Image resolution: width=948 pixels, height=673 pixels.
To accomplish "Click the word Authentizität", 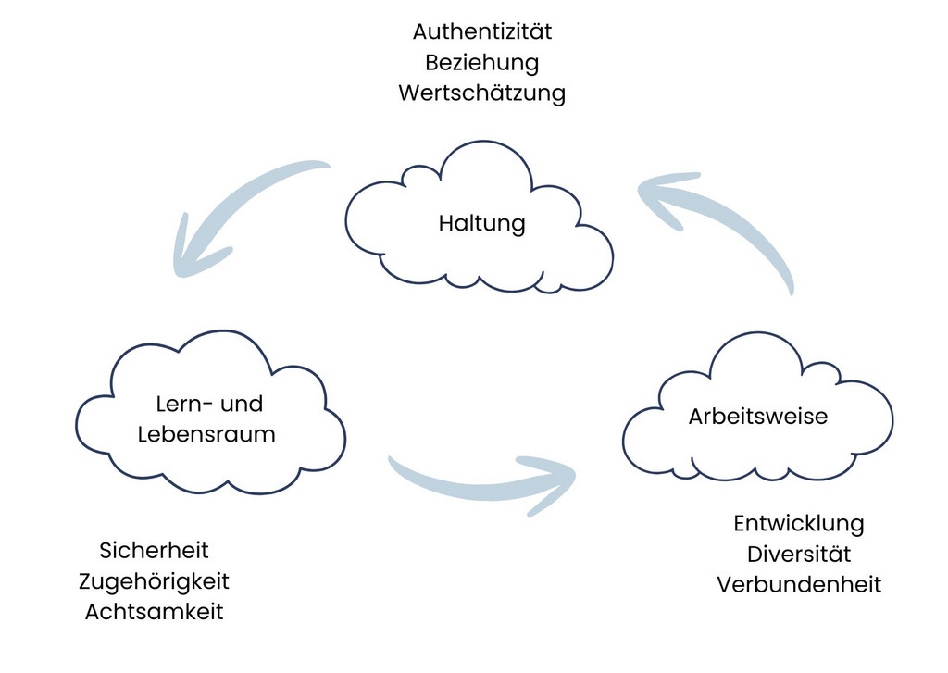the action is click(x=481, y=31).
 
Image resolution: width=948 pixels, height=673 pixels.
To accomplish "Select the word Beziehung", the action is click(x=481, y=63).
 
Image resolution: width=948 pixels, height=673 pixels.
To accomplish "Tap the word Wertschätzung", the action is click(x=481, y=93).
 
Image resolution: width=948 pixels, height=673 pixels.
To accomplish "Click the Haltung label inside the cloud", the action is click(x=481, y=223).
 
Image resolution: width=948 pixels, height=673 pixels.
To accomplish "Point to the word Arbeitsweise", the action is click(x=758, y=416).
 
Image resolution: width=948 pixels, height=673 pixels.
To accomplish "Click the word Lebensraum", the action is click(x=206, y=434).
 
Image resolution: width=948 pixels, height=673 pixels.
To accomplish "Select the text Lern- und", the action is click(x=209, y=404).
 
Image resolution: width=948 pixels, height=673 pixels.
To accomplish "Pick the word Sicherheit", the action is click(x=154, y=550).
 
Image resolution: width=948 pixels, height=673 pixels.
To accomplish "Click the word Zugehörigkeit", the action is click(x=154, y=581).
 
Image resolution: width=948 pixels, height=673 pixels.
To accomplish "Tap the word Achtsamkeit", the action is click(x=154, y=612).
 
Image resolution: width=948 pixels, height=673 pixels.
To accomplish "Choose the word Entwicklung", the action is click(x=799, y=524).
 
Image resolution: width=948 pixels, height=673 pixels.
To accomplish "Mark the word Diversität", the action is click(x=799, y=554).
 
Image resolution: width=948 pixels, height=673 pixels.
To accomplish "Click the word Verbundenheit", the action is click(x=799, y=585).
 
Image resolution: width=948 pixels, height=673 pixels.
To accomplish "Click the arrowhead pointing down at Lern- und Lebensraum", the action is click(x=193, y=254).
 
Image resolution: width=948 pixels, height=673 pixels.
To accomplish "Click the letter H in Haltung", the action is click(x=445, y=222).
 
